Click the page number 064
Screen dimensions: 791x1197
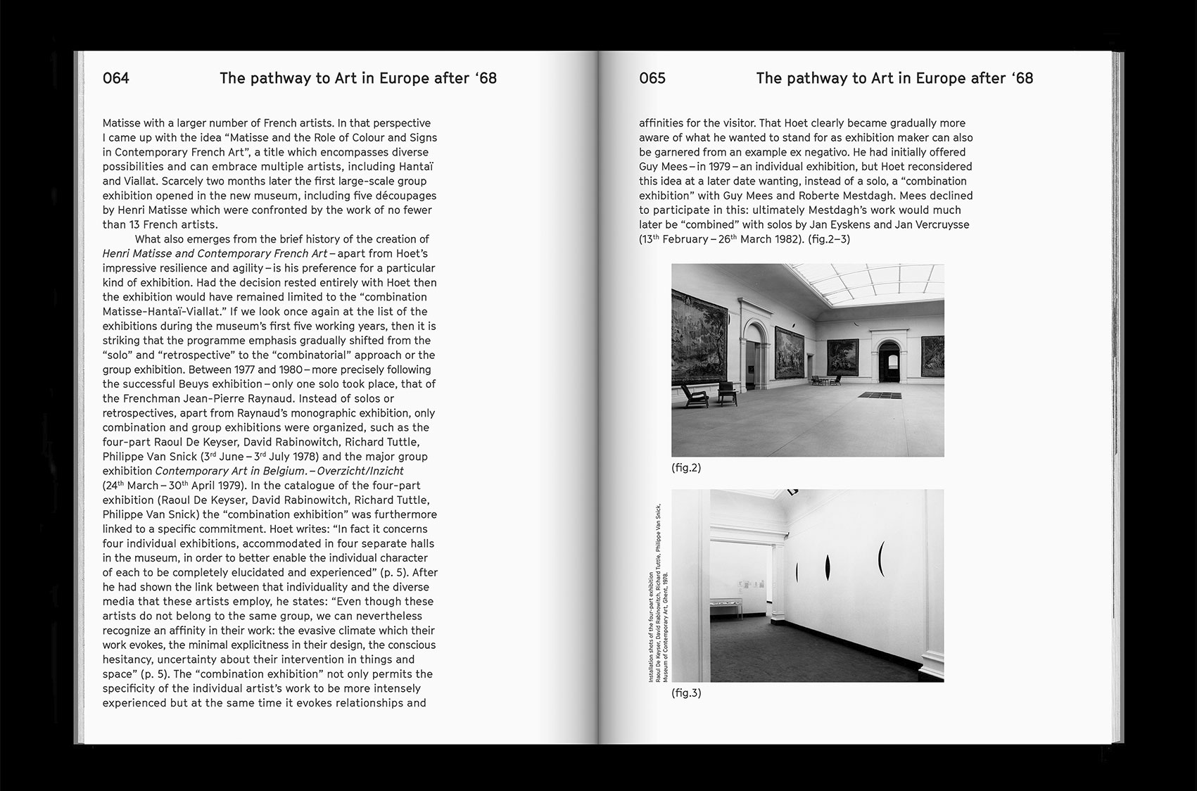click(116, 78)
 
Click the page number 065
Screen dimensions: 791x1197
click(652, 78)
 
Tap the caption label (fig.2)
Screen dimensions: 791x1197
click(686, 467)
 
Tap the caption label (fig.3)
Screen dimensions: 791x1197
click(686, 692)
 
